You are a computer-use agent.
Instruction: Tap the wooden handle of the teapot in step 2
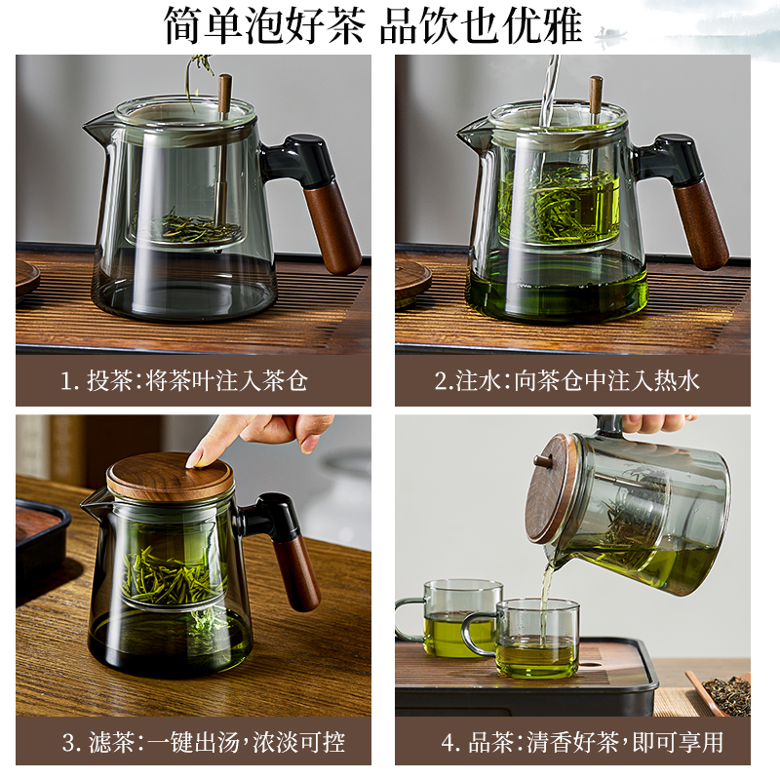tap(701, 224)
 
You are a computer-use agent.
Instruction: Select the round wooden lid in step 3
tap(170, 477)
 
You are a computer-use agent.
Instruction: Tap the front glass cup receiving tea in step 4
tap(535, 639)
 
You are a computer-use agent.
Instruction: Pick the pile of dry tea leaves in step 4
tap(726, 693)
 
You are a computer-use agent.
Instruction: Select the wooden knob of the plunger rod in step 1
tap(224, 93)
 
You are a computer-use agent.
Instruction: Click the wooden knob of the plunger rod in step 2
tap(595, 93)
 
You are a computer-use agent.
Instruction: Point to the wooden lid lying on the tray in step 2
tap(411, 278)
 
